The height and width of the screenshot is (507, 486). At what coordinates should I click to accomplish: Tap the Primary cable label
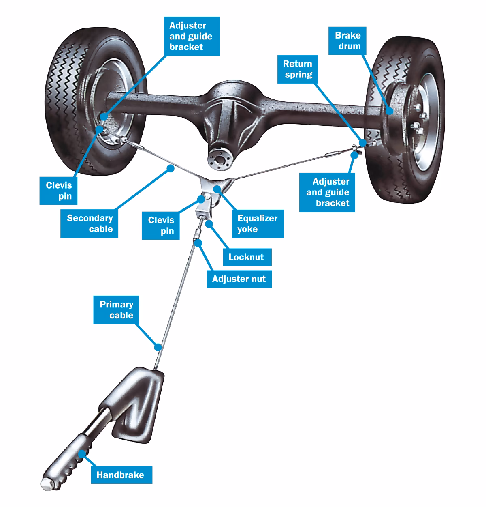(116, 310)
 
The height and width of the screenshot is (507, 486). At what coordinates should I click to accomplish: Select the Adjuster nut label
(239, 279)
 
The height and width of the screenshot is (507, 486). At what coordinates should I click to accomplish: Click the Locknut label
(246, 257)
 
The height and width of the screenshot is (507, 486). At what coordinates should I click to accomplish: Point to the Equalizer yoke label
(258, 223)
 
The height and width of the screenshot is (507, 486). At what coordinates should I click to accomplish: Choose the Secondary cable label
(90, 223)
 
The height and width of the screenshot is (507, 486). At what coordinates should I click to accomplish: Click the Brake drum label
(347, 41)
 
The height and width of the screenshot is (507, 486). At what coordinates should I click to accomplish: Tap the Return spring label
(298, 69)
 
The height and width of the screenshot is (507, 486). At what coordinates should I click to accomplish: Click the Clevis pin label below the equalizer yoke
(161, 226)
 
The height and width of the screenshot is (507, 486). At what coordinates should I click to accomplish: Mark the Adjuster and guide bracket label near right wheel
(327, 192)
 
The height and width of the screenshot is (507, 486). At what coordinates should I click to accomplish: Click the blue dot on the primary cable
(158, 347)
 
